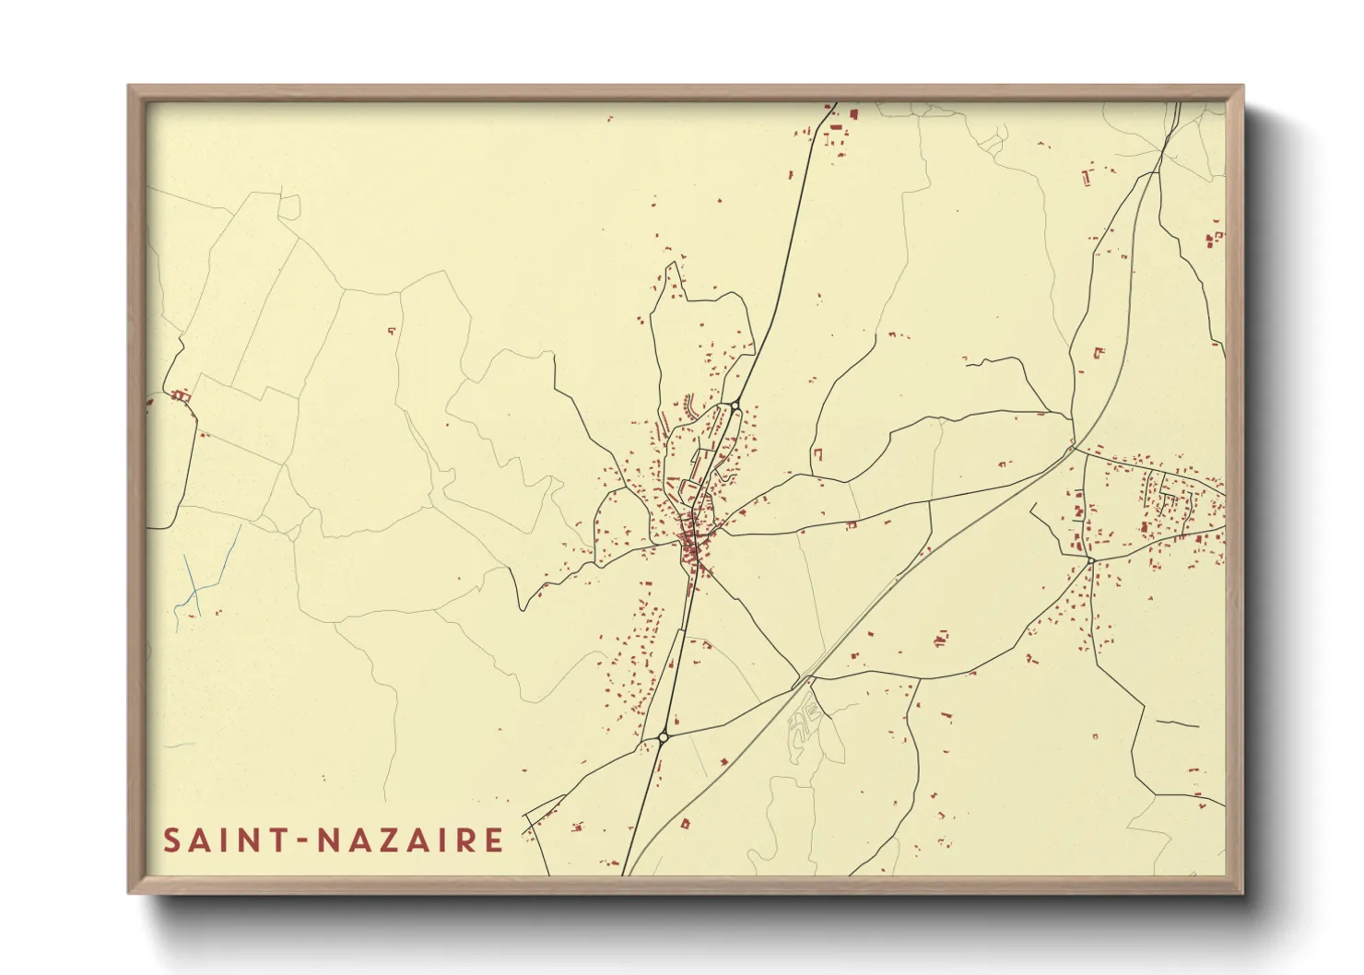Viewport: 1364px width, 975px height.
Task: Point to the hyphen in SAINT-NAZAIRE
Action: point(305,841)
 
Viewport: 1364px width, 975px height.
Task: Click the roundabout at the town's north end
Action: point(735,405)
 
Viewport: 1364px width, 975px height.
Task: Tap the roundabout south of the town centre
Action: point(664,736)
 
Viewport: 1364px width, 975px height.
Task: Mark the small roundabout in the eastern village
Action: point(1090,559)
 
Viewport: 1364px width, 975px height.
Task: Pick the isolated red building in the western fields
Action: point(391,330)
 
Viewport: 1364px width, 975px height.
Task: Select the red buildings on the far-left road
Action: point(181,395)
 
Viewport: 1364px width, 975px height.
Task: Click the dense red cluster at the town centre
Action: point(690,542)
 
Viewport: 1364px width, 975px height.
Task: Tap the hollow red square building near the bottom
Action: point(685,824)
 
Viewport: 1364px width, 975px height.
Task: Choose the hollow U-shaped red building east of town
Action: point(817,455)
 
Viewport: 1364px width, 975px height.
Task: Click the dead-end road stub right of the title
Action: point(529,824)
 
